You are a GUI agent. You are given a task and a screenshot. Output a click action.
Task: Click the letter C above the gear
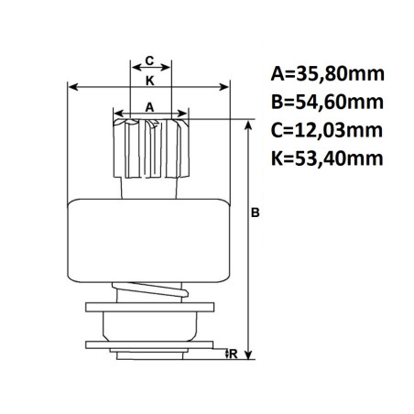click(150, 60)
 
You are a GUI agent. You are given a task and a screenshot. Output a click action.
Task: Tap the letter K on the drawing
click(150, 80)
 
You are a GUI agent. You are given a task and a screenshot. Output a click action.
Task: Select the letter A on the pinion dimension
click(150, 107)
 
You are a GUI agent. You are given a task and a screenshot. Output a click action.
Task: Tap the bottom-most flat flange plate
click(152, 346)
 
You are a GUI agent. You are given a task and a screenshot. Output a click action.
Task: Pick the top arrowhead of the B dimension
click(247, 122)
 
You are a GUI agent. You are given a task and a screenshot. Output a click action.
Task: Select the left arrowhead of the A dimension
click(115, 116)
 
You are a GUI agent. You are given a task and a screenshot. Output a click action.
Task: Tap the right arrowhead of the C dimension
click(168, 70)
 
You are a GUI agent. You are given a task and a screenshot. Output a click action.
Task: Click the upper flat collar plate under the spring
click(152, 306)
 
